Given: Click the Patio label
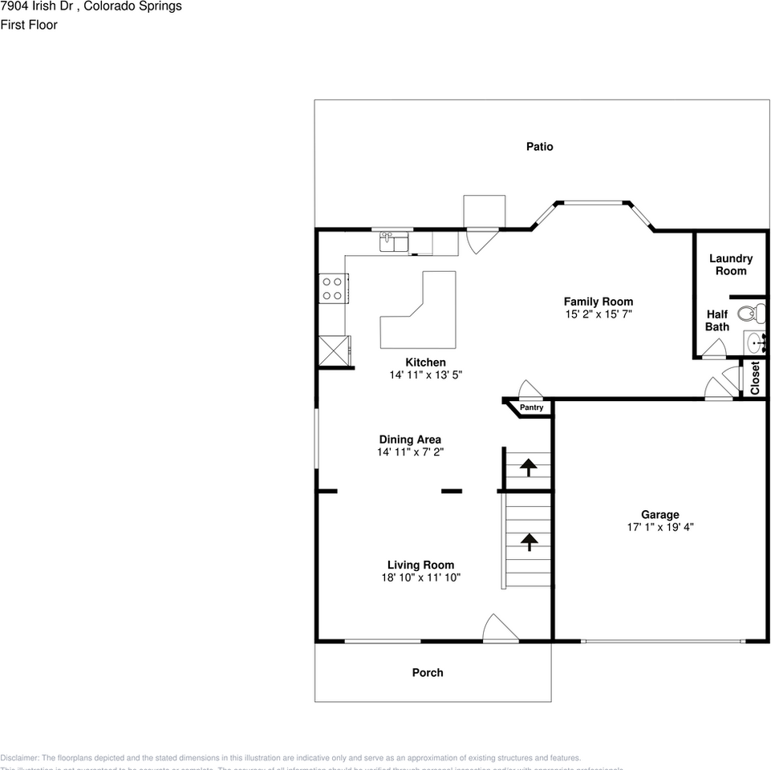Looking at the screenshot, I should [x=539, y=147].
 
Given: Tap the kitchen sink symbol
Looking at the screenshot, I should [x=393, y=241].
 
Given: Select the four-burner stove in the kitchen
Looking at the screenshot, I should [x=332, y=288].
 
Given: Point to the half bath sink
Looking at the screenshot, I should [x=755, y=342].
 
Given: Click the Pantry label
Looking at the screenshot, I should [x=531, y=407].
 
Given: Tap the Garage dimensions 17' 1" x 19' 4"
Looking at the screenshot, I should [x=659, y=528].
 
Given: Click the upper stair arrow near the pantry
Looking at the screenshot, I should [x=529, y=467].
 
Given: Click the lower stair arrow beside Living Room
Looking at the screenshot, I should [x=529, y=542].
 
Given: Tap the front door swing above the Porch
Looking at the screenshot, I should [x=499, y=628].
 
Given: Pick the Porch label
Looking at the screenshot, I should [x=428, y=672].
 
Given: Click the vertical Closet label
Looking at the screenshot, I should [x=754, y=378].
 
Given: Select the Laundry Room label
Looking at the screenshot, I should [x=730, y=265].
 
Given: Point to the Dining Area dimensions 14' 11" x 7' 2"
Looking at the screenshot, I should [x=410, y=452].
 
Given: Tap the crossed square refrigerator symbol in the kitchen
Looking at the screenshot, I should [x=334, y=351].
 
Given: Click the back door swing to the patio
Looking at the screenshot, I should [x=481, y=239].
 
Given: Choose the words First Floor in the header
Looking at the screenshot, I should [x=29, y=25].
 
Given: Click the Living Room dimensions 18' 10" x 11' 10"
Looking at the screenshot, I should [x=420, y=577].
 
